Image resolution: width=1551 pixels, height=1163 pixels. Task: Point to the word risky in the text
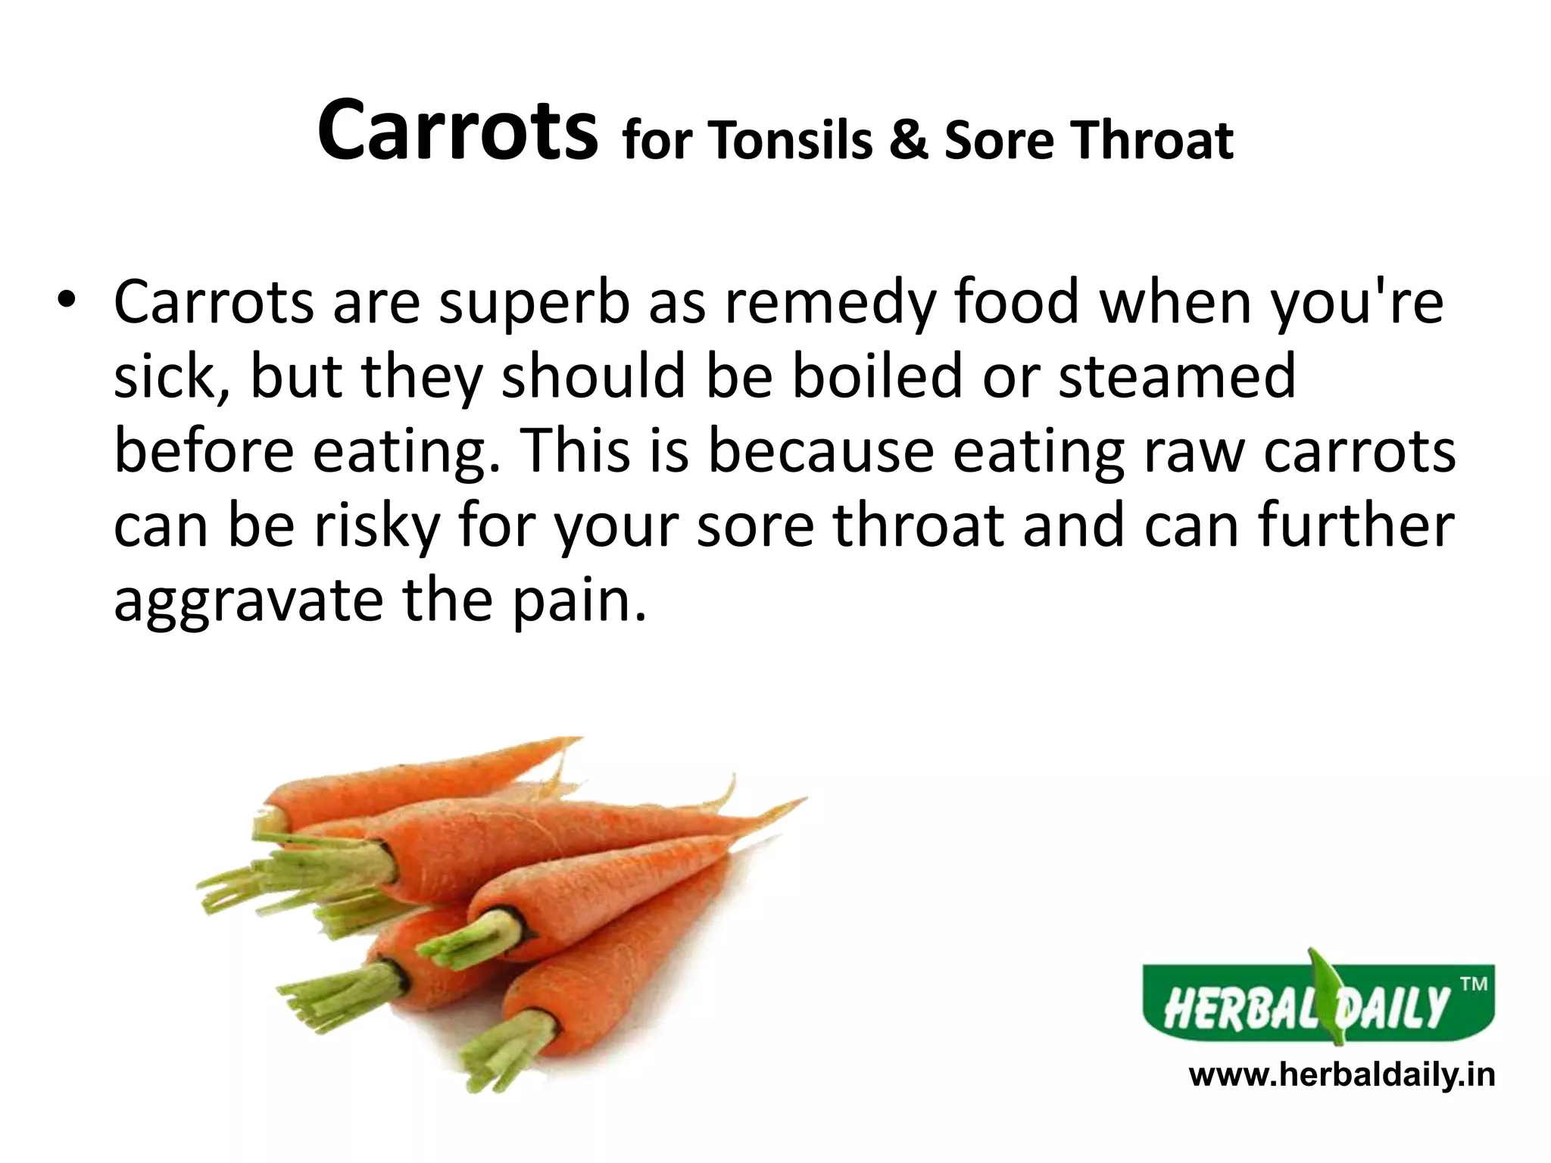(x=377, y=525)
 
